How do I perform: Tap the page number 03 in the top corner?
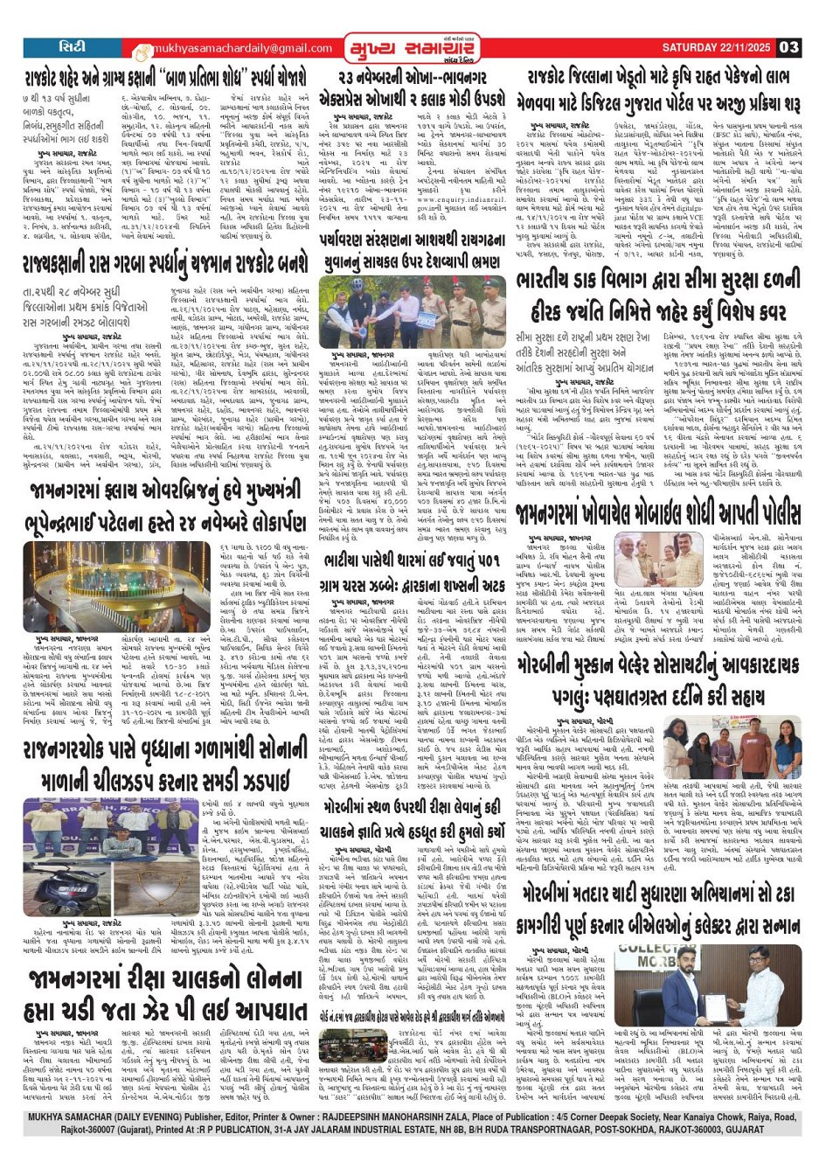[x=788, y=47]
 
